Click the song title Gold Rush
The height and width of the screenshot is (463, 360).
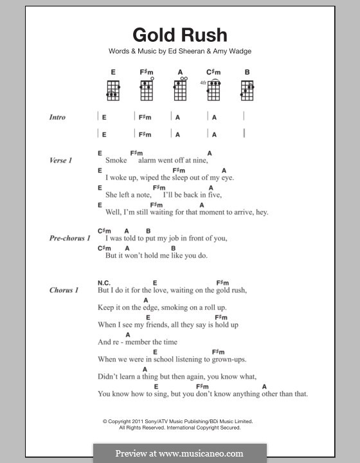click(x=179, y=35)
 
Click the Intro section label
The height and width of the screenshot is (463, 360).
click(x=57, y=118)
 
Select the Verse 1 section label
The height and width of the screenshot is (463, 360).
click(x=60, y=159)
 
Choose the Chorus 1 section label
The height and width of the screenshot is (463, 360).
click(x=64, y=290)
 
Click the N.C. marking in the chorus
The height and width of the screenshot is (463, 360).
click(x=104, y=282)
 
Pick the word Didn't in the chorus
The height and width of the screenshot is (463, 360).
click(x=109, y=376)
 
